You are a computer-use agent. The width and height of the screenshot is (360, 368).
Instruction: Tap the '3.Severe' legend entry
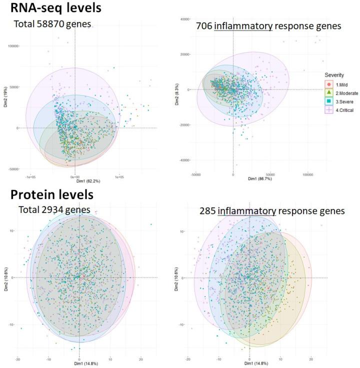pos(339,101)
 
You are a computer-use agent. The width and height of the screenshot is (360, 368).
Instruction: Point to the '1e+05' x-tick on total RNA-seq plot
pos(119,176)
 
